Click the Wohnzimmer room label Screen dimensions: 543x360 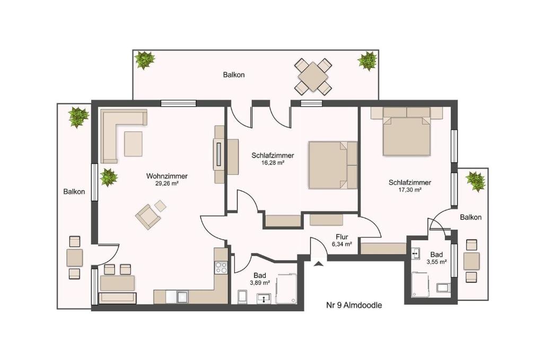pyautogui.click(x=167, y=176)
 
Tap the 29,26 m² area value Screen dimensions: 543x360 pyautogui.click(x=167, y=184)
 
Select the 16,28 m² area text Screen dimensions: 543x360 pyautogui.click(x=273, y=163)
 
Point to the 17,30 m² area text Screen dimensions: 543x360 pyautogui.click(x=410, y=190)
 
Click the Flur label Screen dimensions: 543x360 pyautogui.click(x=342, y=237)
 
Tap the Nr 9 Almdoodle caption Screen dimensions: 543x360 pyautogui.click(x=354, y=305)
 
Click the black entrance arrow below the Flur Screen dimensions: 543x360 pyautogui.click(x=318, y=264)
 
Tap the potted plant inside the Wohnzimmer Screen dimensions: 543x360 pyautogui.click(x=109, y=178)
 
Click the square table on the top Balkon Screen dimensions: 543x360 pyautogui.click(x=313, y=76)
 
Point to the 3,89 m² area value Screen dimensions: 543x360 pyautogui.click(x=260, y=283)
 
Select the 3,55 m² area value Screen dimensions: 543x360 pyautogui.click(x=436, y=262)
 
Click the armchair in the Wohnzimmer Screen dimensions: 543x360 pyautogui.click(x=148, y=216)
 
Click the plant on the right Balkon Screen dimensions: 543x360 pyautogui.click(x=476, y=181)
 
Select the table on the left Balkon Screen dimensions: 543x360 pyautogui.click(x=74, y=258)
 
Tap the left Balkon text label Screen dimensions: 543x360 pyautogui.click(x=74, y=191)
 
